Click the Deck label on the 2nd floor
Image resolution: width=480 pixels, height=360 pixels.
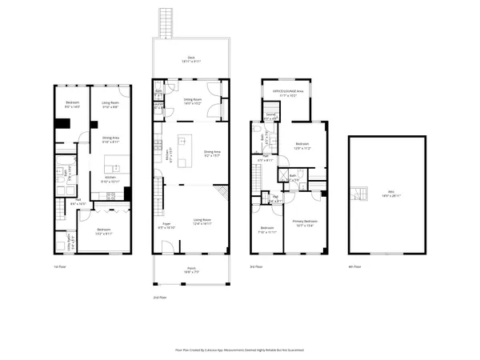click(191, 58)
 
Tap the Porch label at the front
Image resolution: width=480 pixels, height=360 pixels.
click(191, 270)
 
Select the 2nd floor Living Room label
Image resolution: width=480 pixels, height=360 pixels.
click(202, 222)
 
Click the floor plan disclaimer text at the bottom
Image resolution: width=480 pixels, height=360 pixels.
click(239, 349)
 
